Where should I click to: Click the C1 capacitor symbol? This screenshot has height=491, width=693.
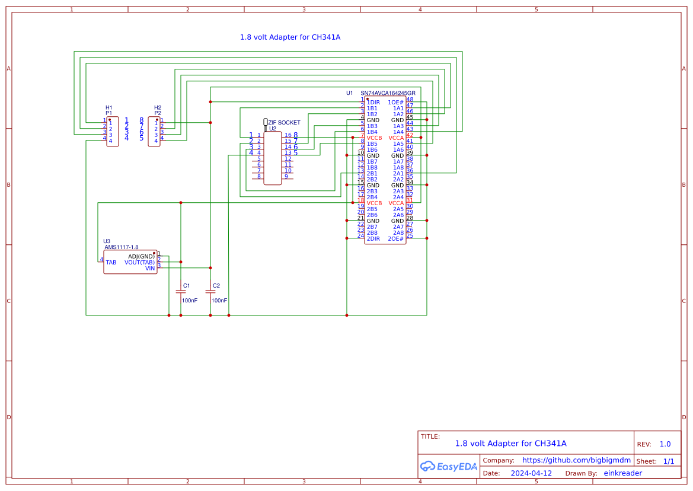pyautogui.click(x=181, y=291)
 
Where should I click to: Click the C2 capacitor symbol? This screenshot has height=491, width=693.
pyautogui.click(x=210, y=291)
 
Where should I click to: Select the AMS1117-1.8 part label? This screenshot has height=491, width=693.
pyautogui.click(x=122, y=247)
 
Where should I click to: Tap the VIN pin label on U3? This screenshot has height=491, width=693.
pyautogui.click(x=150, y=268)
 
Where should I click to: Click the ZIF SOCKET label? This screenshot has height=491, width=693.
pyautogui.click(x=284, y=123)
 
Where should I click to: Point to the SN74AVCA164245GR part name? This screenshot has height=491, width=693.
pyautogui.click(x=388, y=93)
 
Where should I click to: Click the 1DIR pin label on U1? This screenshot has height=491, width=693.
pyautogui.click(x=373, y=103)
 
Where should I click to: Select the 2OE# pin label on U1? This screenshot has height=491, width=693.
pyautogui.click(x=395, y=238)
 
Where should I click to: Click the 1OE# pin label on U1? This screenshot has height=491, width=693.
pyautogui.click(x=395, y=103)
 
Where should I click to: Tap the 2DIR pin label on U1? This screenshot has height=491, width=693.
pyautogui.click(x=373, y=238)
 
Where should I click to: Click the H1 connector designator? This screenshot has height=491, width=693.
pyautogui.click(x=108, y=107)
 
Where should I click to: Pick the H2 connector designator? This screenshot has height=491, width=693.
pyautogui.click(x=158, y=107)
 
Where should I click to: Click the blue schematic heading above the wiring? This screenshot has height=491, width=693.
pyautogui.click(x=290, y=37)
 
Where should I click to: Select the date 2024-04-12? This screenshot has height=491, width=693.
pyautogui.click(x=532, y=473)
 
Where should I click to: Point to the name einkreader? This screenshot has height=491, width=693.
pyautogui.click(x=622, y=473)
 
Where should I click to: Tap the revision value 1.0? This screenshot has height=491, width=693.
pyautogui.click(x=665, y=444)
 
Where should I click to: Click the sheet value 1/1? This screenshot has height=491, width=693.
pyautogui.click(x=668, y=461)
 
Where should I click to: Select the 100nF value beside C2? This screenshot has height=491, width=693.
pyautogui.click(x=219, y=301)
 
